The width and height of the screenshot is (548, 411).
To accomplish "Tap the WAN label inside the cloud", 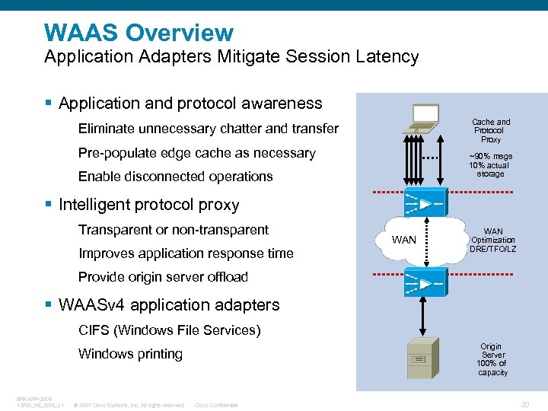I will coord(403,241).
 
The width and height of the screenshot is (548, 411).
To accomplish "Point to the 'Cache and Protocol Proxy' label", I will coord(491,131).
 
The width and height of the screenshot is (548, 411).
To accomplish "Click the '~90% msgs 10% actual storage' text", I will coord(490,165).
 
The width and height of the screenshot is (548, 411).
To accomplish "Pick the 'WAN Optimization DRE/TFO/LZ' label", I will coord(492,240).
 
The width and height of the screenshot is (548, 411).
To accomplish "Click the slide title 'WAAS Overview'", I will coord(139,33).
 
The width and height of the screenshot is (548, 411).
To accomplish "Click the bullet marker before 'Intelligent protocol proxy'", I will coord(49,205).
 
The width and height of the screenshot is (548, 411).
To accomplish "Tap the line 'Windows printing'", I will coord(130,354).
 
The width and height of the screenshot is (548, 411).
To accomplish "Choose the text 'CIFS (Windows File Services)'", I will coord(169,330).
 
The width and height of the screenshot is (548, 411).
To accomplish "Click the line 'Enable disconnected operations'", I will coord(175,177).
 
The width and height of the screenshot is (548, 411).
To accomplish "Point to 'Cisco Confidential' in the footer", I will coord(216,405).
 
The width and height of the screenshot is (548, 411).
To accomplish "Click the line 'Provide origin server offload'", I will coord(163,277).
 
